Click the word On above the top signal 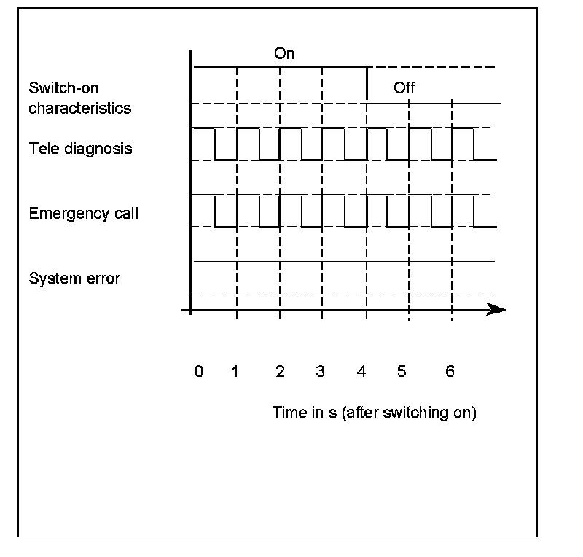284,53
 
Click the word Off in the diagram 404,88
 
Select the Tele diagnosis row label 81,149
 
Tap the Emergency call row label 84,214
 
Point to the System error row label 74,278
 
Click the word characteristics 80,109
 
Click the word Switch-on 64,88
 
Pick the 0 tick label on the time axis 199,372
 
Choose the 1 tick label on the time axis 235,372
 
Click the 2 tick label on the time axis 280,372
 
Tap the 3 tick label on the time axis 320,372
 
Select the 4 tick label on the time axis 361,372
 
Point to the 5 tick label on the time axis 402,372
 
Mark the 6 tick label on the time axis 450,372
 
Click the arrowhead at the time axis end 498,310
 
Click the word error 103,278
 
